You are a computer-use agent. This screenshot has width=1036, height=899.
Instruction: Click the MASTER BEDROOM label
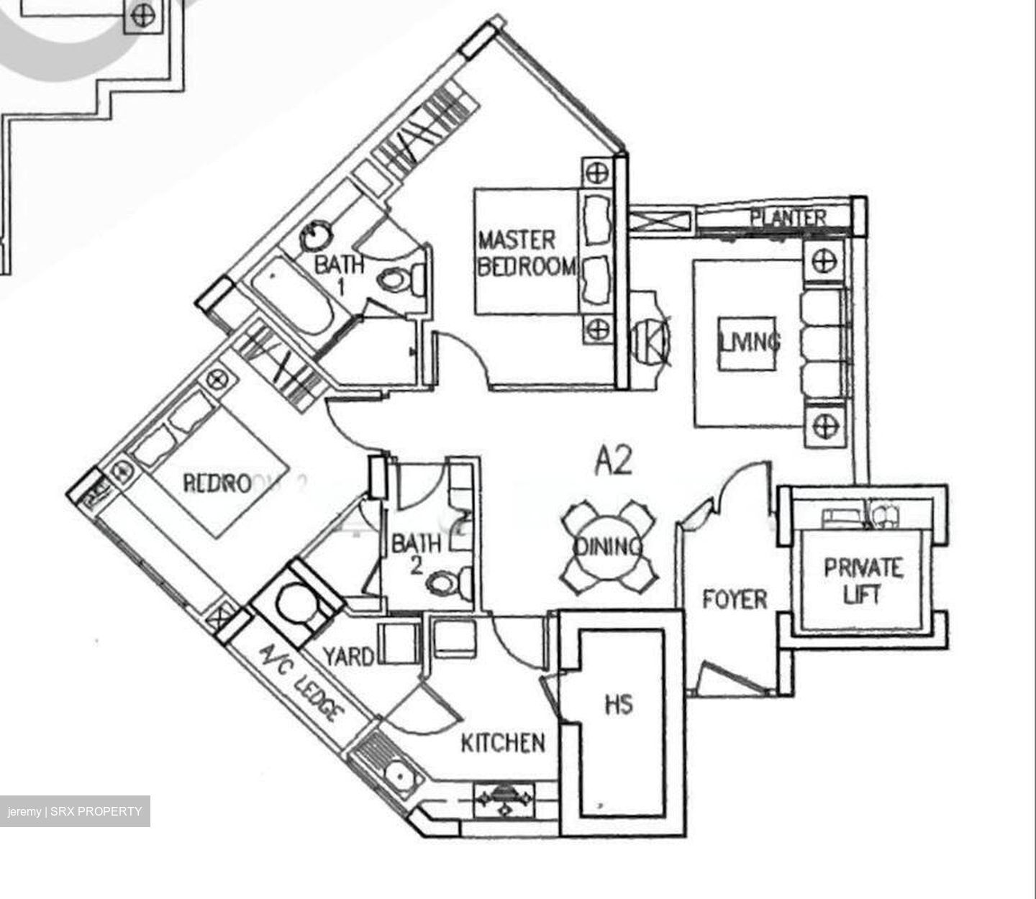tap(527, 252)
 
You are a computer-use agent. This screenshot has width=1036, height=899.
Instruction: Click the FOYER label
tap(735, 598)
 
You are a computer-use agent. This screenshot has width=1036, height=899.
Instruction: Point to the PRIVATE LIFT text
tap(862, 580)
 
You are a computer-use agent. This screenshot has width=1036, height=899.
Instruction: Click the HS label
tap(619, 703)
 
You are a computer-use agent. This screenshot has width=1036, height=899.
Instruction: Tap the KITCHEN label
tap(502, 742)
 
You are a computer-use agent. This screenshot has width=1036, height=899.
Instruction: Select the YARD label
tap(348, 656)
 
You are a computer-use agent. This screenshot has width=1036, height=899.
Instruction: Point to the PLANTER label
tap(788, 216)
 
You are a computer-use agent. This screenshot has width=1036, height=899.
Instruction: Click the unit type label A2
tap(613, 462)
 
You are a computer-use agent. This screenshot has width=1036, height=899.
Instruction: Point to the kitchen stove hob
tap(505, 798)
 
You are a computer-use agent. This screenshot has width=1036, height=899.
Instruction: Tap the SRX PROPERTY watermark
tap(75, 811)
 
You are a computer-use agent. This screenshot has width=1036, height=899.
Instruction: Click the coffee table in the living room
tap(748, 343)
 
